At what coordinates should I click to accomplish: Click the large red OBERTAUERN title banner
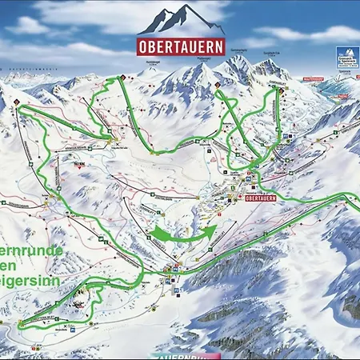tap(180, 46)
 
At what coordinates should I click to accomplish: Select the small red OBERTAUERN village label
tap(265, 198)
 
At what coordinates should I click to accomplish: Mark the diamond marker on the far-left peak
tap(16, 102)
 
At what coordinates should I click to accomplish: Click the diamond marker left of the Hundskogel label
tap(122, 78)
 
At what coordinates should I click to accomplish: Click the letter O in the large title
tap(146, 46)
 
